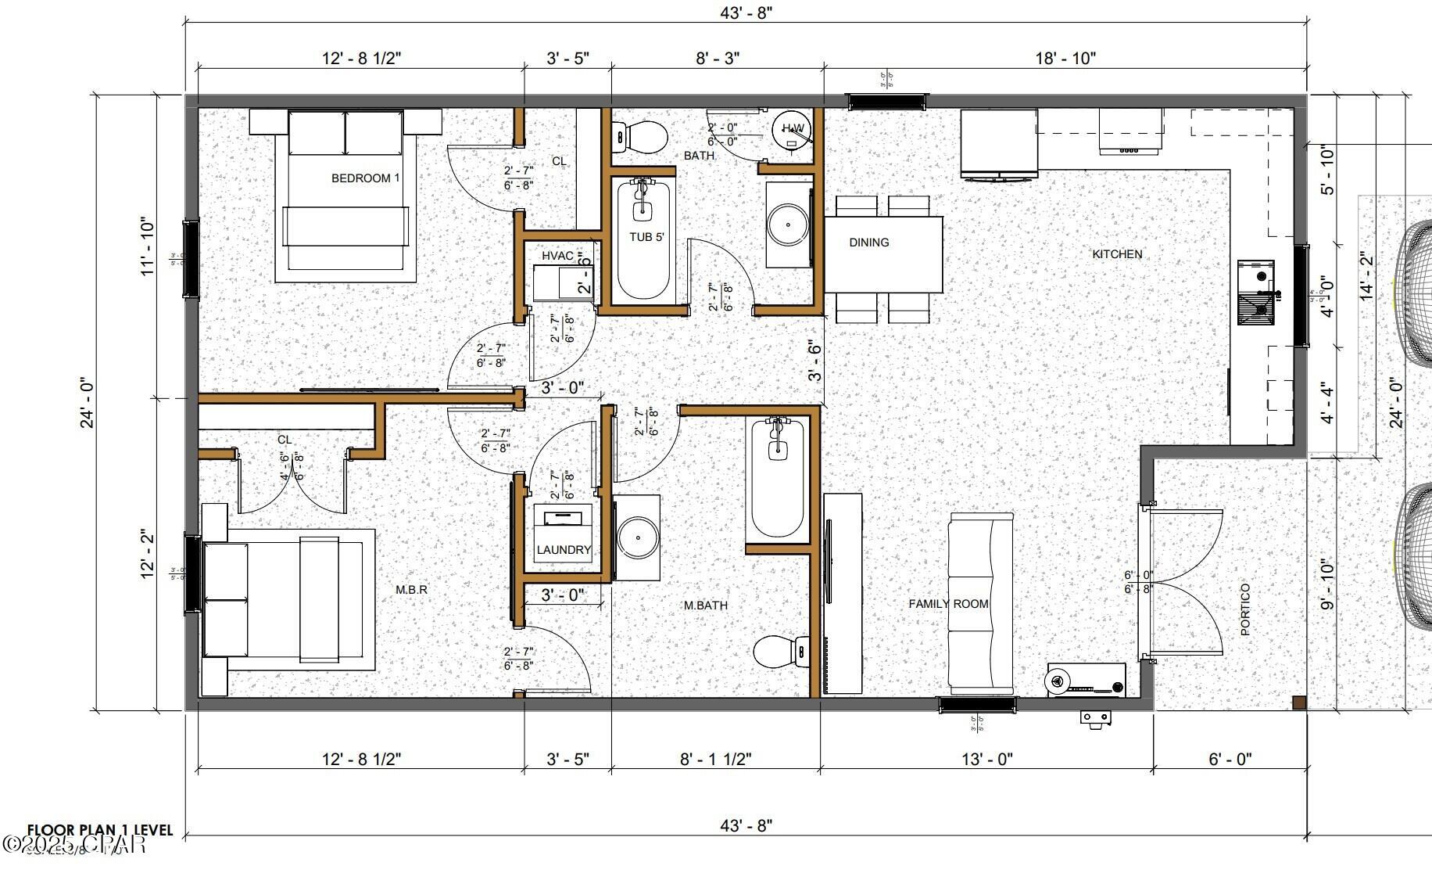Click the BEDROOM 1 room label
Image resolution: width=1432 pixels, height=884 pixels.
(x=365, y=178)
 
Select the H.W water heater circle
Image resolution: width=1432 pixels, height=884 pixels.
(x=793, y=129)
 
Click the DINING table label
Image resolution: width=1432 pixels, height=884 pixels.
(x=868, y=243)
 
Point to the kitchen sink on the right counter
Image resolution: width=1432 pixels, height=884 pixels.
(x=1256, y=293)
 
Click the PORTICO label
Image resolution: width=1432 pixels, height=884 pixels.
(x=1245, y=609)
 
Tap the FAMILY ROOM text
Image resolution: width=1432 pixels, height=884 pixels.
(x=948, y=604)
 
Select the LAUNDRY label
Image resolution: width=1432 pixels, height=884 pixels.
(x=564, y=550)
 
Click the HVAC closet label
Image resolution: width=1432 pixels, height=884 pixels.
(x=558, y=256)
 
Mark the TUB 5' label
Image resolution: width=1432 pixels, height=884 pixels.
(x=646, y=236)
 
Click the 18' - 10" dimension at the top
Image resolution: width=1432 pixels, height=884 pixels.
(x=1065, y=58)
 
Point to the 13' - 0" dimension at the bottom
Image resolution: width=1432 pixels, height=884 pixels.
(x=987, y=759)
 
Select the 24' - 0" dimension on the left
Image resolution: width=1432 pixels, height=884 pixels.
(x=87, y=404)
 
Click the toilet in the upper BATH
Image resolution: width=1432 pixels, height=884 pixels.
(x=641, y=137)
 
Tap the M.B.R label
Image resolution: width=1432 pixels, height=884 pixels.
(x=411, y=589)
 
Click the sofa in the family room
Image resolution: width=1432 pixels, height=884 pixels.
(x=981, y=602)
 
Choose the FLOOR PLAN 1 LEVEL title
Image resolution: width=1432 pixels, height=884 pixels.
(x=100, y=830)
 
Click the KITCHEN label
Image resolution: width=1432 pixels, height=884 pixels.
(x=1117, y=254)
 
